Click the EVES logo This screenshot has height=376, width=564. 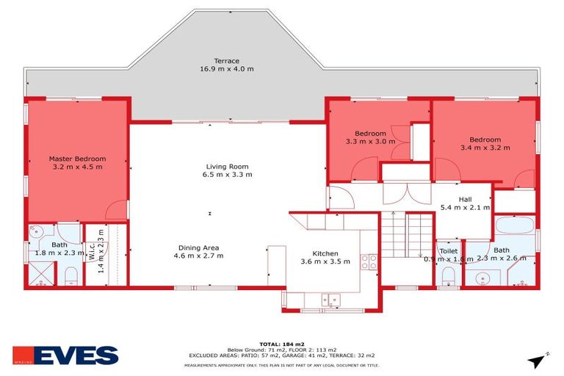(66, 355)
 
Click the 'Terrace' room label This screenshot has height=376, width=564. (226, 60)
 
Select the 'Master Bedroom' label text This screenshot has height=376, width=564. (77, 159)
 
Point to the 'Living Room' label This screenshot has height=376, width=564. (227, 166)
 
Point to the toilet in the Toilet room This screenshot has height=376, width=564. (448, 276)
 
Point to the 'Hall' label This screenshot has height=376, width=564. (465, 198)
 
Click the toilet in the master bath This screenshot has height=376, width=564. (70, 276)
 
